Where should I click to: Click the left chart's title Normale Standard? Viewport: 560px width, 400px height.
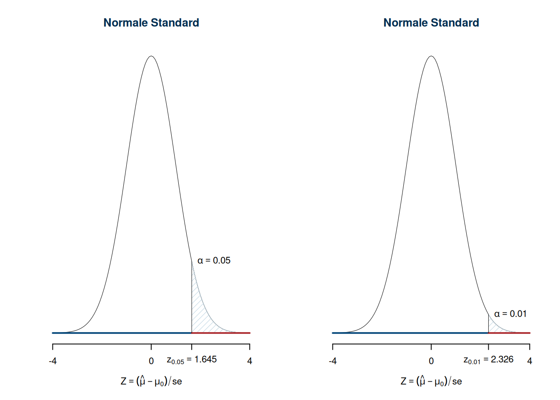[x=151, y=22]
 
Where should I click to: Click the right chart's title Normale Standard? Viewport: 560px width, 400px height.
[x=431, y=22]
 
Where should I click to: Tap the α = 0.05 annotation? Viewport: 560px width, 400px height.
[x=214, y=260]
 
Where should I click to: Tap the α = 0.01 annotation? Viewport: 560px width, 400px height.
[x=510, y=314]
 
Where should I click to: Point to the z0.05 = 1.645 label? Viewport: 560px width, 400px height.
[x=192, y=360]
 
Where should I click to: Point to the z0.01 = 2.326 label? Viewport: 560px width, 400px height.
[x=488, y=360]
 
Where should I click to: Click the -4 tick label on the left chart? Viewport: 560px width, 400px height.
[x=52, y=361]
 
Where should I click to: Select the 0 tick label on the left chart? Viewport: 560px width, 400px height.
[x=151, y=361]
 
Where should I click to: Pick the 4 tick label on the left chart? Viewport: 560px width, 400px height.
[x=250, y=361]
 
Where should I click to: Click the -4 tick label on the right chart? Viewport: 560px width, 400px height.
[x=332, y=361]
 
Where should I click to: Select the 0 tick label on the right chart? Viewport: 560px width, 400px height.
[x=431, y=361]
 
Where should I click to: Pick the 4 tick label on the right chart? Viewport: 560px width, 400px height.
[x=530, y=361]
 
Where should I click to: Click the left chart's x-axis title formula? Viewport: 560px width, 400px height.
[x=151, y=381]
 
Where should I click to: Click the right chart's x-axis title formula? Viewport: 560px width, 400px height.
[x=431, y=381]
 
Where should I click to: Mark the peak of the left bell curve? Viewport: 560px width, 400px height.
[x=151, y=56]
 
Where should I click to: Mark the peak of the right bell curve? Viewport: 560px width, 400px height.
[x=431, y=56]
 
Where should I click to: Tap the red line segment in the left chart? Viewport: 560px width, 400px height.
[x=221, y=333]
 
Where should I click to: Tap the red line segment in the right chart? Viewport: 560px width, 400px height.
[x=509, y=333]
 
